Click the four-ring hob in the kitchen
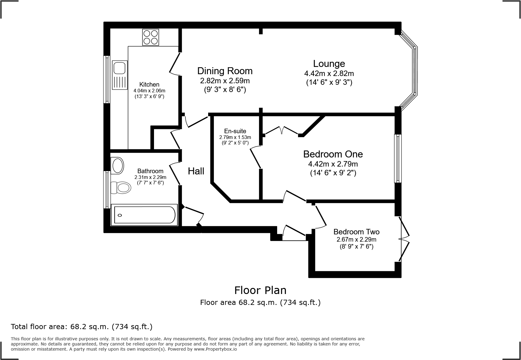point(150,37)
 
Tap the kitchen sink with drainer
point(120,75)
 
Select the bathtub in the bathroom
point(144,215)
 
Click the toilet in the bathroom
point(121,187)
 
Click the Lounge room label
point(329,64)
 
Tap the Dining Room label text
point(225,71)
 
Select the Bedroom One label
point(333,154)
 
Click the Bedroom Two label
point(356,232)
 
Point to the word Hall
point(196,171)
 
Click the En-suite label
point(235,131)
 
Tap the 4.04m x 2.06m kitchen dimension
point(149,91)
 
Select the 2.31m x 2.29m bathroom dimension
point(150,177)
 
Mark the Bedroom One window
point(398,158)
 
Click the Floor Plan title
point(260,290)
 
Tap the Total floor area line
point(82,327)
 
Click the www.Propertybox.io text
point(215,349)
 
